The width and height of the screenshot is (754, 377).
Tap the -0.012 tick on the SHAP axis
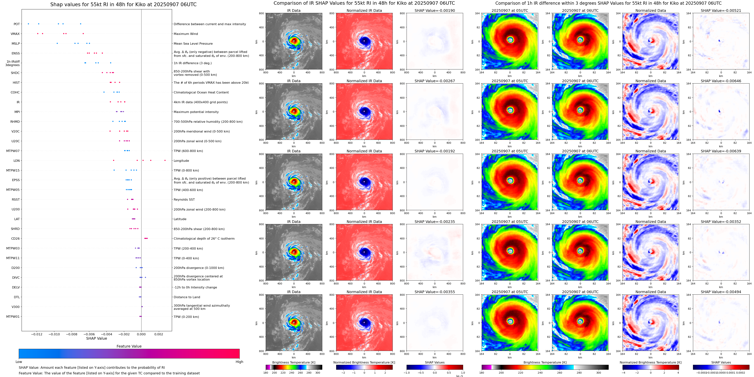(37, 334)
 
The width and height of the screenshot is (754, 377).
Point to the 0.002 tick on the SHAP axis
(159, 334)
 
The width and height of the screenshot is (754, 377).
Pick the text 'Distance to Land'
(187, 297)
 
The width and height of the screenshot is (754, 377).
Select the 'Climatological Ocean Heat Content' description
(201, 93)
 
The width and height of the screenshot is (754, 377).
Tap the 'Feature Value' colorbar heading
(129, 346)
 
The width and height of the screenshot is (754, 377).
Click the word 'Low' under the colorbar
(19, 362)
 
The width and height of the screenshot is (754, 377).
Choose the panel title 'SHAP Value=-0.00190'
(435, 11)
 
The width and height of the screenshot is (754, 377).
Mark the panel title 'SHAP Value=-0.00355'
(435, 292)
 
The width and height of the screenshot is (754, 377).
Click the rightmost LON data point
(165, 160)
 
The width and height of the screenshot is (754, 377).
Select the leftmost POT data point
(28, 24)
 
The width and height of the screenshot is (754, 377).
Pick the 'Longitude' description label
(181, 161)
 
